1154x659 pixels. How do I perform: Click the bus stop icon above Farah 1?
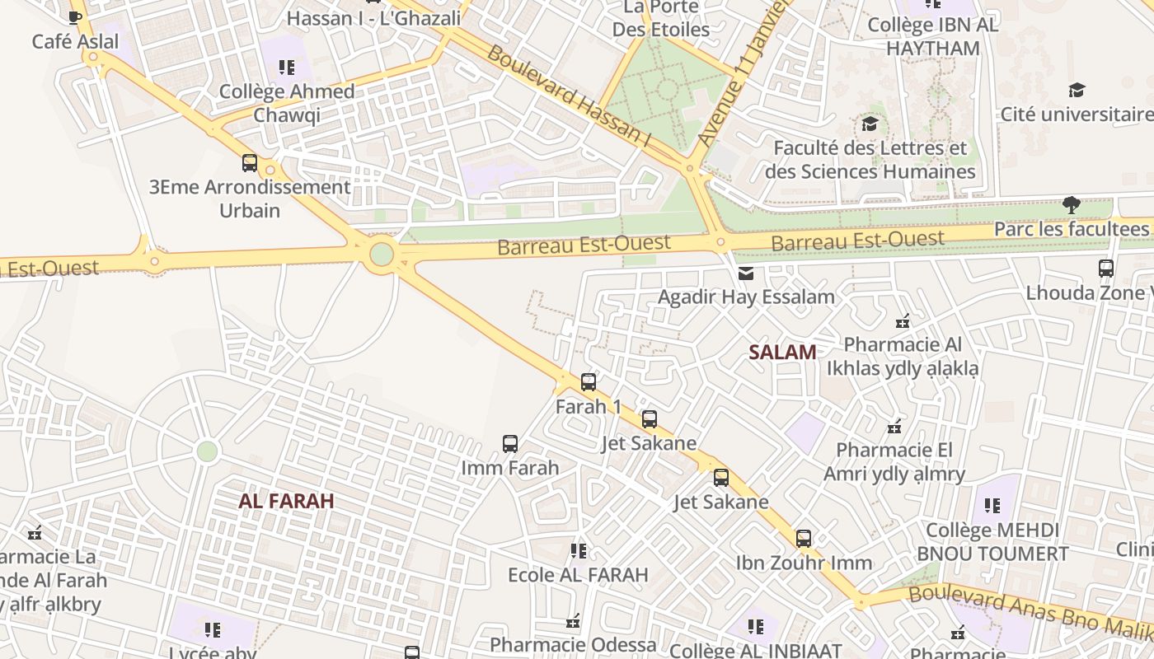pos(588,382)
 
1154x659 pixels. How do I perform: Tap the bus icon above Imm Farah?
pos(510,444)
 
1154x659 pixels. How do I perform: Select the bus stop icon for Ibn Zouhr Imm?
pos(804,539)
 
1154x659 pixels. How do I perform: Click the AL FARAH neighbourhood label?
pos(286,501)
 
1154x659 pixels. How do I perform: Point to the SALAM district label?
pos(782,353)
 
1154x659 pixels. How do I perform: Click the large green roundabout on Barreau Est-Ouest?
pos(382,254)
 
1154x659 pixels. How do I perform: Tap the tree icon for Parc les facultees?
pos(1071,205)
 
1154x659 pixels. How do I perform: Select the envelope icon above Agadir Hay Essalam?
pos(746,273)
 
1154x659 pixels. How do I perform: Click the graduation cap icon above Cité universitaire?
pos(1077,91)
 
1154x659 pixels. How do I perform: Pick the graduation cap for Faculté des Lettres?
pos(870,124)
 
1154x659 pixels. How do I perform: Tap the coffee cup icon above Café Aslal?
pos(75,17)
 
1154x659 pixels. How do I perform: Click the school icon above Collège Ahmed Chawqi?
pos(286,68)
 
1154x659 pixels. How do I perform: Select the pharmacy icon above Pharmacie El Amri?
pos(894,427)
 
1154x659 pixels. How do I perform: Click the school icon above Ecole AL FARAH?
pos(578,550)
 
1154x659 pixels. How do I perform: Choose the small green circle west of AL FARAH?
pos(207,451)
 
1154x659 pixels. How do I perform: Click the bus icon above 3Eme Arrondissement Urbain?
pos(250,163)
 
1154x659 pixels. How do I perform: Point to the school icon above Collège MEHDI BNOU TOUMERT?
pos(992,505)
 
